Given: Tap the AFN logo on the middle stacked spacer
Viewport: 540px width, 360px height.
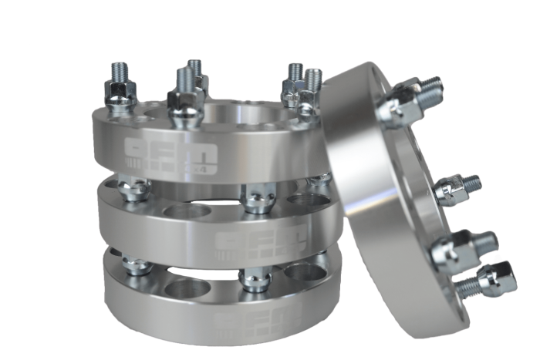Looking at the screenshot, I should tap(245, 241).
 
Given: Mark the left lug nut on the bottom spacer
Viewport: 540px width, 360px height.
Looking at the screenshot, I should tap(137, 265).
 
